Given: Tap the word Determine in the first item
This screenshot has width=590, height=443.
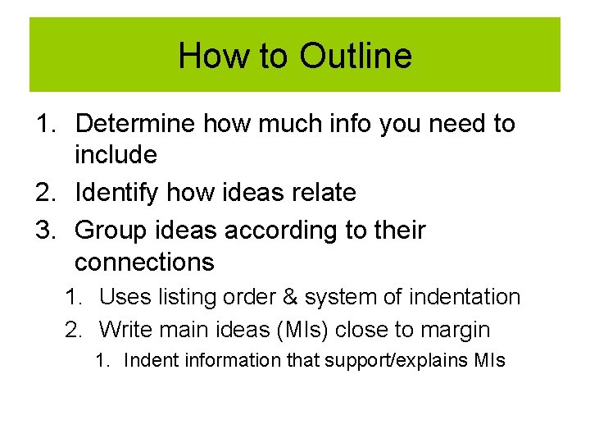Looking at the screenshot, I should (136, 124).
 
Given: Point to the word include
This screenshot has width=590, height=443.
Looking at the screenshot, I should (116, 154).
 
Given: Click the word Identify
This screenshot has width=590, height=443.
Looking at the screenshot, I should (117, 193).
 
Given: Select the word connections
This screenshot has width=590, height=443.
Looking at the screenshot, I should (144, 262).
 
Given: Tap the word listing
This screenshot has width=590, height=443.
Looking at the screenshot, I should (193, 297).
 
